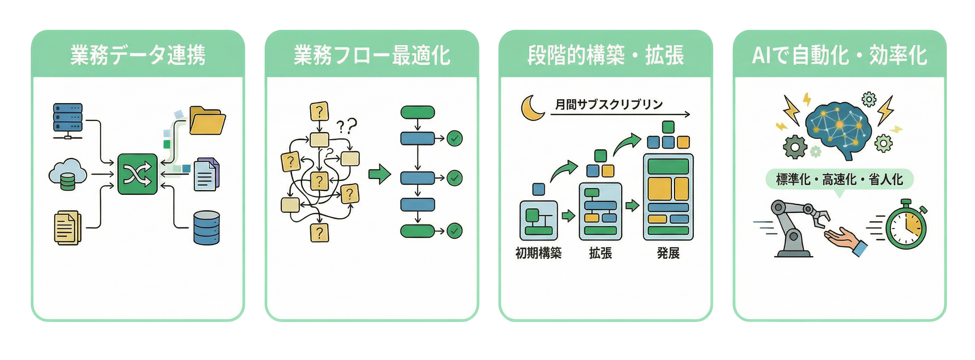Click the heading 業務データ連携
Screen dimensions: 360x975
(x=138, y=55)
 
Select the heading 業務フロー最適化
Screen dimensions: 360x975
(x=372, y=55)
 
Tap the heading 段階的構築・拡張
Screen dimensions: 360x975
(x=606, y=55)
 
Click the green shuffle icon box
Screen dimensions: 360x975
(x=137, y=174)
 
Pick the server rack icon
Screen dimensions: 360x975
(x=68, y=120)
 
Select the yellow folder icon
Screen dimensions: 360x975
(x=207, y=121)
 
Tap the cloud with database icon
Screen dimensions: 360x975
(x=68, y=175)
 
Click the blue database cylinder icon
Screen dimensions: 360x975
(x=207, y=228)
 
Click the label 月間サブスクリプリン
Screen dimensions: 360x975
(x=609, y=104)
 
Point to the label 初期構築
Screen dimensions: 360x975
(x=539, y=253)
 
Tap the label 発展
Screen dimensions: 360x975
(x=668, y=253)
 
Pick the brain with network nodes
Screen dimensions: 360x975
(x=838, y=129)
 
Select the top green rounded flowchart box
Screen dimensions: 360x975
(x=417, y=112)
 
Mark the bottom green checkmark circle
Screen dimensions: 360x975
(x=454, y=231)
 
